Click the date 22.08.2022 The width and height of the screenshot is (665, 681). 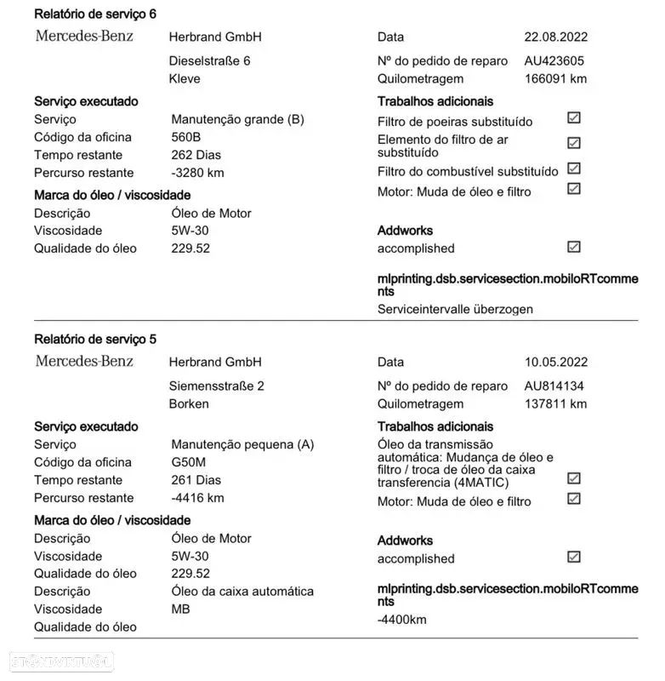(x=555, y=37)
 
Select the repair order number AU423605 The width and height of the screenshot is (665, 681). (x=554, y=61)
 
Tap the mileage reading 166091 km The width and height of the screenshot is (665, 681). (x=555, y=79)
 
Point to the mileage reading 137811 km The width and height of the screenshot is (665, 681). (x=555, y=404)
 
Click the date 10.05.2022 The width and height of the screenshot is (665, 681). (x=555, y=362)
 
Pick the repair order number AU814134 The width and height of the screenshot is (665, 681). (x=554, y=386)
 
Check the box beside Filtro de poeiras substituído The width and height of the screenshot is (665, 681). (x=574, y=118)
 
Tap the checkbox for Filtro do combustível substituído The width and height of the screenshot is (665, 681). (x=574, y=169)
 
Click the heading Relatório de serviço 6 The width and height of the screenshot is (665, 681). (x=95, y=14)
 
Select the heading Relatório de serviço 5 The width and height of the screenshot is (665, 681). (x=95, y=339)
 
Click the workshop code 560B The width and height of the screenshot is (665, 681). (x=186, y=137)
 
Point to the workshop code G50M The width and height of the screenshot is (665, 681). (x=188, y=462)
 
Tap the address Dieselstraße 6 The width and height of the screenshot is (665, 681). (x=210, y=61)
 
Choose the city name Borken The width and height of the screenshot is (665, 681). (x=189, y=404)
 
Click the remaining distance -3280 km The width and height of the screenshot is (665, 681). (x=197, y=173)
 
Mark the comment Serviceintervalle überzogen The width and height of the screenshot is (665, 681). (x=455, y=309)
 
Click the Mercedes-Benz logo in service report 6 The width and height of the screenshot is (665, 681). (x=84, y=36)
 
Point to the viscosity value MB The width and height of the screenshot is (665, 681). (x=180, y=609)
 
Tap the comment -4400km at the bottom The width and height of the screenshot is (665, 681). (x=401, y=620)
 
